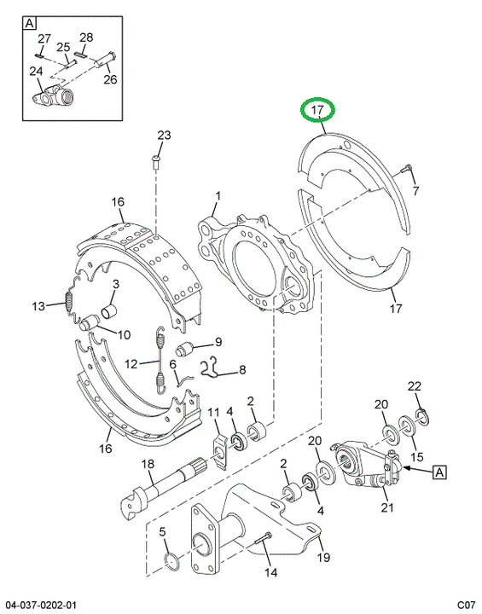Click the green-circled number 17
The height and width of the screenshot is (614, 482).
[x=317, y=110]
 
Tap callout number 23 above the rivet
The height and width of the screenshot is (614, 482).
[x=164, y=135]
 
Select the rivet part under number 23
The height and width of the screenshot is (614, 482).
[x=154, y=162]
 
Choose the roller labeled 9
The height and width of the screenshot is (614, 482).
[x=184, y=348]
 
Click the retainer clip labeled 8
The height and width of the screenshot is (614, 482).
[x=211, y=368]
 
